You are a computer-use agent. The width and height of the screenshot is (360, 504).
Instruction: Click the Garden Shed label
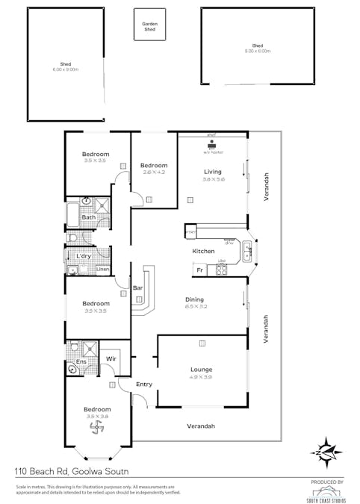[150, 26]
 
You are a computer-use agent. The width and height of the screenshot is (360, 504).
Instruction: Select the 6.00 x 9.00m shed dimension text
[66, 69]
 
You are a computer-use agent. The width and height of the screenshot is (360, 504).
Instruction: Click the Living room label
[212, 172]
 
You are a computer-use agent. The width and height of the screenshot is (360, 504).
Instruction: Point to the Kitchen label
[203, 251]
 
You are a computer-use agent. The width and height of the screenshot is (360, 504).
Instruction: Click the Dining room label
[194, 299]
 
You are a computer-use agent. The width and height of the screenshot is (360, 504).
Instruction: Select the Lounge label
[201, 370]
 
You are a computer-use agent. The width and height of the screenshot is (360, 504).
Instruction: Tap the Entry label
[144, 384]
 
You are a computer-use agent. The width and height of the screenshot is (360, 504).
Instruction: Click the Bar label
[137, 287]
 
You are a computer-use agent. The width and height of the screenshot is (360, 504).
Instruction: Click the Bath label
[88, 217]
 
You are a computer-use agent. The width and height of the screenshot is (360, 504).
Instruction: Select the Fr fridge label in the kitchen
[200, 268]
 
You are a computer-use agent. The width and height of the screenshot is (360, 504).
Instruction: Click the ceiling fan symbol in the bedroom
[96, 428]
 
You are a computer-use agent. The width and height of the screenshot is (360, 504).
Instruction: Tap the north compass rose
[327, 451]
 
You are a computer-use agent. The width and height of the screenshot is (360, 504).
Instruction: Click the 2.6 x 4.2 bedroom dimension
[154, 172]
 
